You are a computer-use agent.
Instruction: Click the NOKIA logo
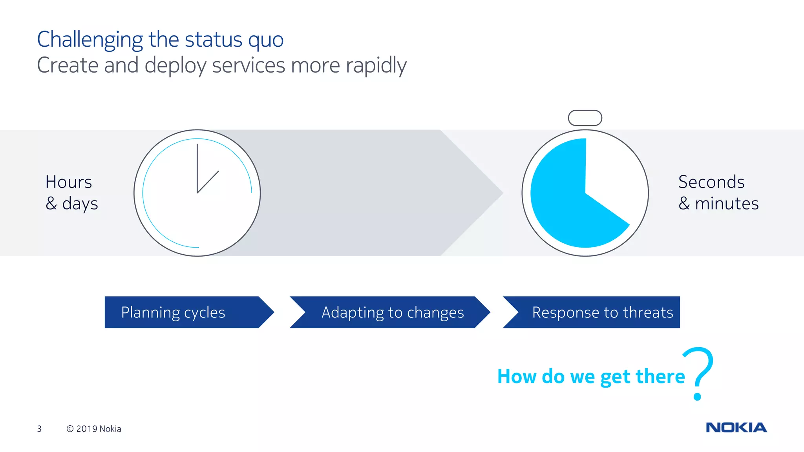click(736, 427)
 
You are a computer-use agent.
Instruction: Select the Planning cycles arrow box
click(185, 312)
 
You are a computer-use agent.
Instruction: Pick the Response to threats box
click(597, 312)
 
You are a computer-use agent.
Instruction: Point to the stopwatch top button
click(585, 118)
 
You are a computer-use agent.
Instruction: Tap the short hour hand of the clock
click(208, 182)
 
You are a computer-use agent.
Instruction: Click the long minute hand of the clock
click(197, 165)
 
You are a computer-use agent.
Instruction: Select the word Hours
click(69, 182)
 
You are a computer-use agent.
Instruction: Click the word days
click(80, 204)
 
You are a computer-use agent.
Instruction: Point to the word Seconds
click(711, 182)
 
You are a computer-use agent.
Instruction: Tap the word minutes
click(727, 204)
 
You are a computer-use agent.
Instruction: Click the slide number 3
click(39, 429)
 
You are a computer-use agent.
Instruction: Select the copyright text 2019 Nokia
click(94, 429)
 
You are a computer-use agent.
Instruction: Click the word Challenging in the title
click(90, 40)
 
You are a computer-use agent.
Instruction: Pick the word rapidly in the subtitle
click(376, 66)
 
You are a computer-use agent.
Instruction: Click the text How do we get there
click(591, 376)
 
